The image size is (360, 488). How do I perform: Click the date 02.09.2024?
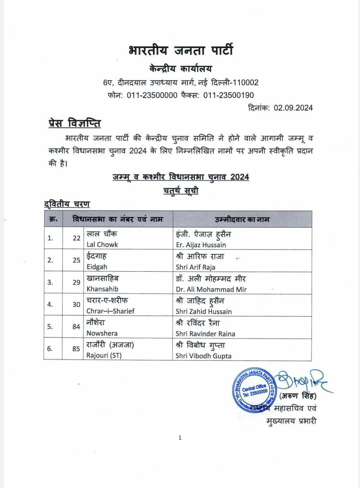(293, 108)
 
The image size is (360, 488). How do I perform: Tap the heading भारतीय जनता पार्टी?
(180, 50)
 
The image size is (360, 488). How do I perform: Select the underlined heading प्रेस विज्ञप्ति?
(75, 123)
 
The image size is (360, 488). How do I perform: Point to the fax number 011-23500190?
(229, 95)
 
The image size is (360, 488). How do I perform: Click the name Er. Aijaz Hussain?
(201, 245)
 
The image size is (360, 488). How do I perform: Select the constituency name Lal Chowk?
(102, 244)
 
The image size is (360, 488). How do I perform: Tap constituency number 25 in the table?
(76, 260)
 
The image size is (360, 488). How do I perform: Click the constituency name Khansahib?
(102, 289)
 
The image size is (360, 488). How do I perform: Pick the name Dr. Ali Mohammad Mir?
(211, 289)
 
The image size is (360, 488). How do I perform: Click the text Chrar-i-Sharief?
(110, 311)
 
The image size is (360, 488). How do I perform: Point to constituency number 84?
(76, 327)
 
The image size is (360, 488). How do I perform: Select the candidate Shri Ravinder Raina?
(205, 334)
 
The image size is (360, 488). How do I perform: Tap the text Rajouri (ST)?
(104, 356)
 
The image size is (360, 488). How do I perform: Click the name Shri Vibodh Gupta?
(203, 356)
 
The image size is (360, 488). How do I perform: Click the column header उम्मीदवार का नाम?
(242, 220)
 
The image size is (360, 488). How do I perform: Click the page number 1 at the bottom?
(180, 438)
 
